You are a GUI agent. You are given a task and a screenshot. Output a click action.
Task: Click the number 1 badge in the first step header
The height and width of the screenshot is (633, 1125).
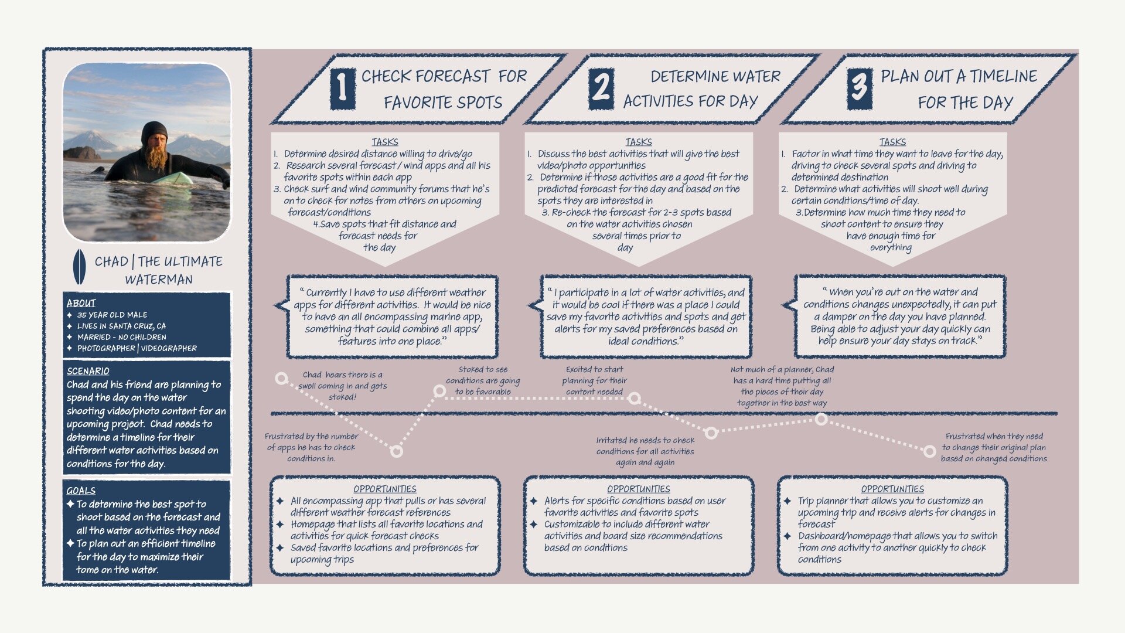tap(343, 89)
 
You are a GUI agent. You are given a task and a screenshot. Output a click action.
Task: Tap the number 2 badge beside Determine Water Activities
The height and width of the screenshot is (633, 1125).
tap(601, 89)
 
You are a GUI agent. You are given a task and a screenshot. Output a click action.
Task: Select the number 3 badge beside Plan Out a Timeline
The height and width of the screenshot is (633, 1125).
tap(859, 89)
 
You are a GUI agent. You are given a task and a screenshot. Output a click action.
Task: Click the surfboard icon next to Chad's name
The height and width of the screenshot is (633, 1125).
tap(79, 267)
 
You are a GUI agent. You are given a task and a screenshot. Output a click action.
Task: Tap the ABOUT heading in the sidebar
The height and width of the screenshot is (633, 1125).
tap(81, 303)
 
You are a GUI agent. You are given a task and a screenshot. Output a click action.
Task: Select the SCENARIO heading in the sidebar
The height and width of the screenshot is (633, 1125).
tap(88, 371)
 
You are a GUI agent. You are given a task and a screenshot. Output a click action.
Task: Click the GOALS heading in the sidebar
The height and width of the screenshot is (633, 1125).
tap(81, 491)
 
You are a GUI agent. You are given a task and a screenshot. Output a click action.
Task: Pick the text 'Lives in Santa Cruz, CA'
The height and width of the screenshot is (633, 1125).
tap(121, 326)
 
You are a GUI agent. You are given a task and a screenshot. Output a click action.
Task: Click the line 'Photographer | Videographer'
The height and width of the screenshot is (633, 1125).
tap(137, 348)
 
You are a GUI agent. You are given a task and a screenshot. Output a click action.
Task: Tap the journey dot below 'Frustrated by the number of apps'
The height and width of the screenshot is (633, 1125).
tap(397, 451)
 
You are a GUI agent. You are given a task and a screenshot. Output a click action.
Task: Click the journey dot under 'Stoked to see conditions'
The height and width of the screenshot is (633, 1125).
tap(439, 391)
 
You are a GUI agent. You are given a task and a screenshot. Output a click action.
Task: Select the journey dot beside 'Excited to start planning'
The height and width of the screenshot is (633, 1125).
tap(634, 399)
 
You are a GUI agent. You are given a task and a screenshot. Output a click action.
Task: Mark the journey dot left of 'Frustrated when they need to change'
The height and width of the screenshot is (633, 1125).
tap(929, 451)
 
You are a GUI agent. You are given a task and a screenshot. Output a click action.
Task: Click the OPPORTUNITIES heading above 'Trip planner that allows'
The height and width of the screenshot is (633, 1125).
tap(892, 489)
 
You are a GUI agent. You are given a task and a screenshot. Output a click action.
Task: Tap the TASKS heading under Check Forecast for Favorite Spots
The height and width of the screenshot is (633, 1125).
tap(384, 142)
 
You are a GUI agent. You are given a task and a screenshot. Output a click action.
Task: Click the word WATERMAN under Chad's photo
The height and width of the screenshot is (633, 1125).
tap(159, 280)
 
